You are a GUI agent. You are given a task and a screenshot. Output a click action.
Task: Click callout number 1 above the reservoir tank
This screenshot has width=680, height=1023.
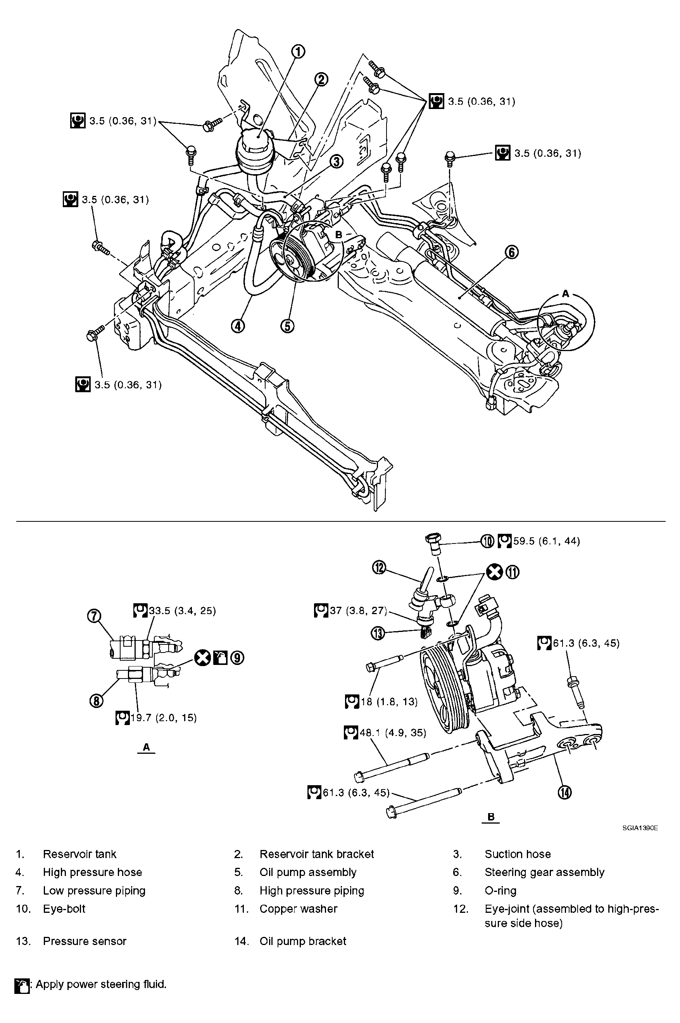(298, 52)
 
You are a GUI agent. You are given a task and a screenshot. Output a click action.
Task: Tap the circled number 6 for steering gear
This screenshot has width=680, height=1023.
(512, 252)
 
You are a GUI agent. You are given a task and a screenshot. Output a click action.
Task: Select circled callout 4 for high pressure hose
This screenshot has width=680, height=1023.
(238, 326)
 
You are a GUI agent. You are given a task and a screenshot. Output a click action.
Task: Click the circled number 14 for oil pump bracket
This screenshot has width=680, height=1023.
(564, 793)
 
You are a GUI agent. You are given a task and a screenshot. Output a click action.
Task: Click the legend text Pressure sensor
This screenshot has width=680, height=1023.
(85, 941)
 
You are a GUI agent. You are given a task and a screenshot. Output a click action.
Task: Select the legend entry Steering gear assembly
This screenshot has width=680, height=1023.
(544, 872)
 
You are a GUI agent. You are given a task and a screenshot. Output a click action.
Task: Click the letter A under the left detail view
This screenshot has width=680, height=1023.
(146, 747)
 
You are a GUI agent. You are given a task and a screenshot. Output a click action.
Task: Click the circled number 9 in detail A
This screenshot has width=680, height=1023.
(237, 658)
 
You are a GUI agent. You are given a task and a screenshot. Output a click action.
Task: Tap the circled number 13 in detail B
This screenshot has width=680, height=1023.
(378, 634)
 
